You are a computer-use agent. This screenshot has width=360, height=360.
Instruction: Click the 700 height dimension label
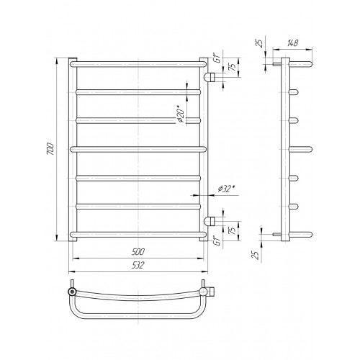click(50, 149)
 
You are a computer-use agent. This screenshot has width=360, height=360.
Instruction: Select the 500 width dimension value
click(138, 252)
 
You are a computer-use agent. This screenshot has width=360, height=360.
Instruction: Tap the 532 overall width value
click(138, 265)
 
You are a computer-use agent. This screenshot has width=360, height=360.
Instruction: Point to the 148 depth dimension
click(292, 43)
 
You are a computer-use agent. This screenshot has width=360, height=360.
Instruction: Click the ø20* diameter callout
click(181, 114)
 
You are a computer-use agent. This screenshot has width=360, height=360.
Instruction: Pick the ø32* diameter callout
click(226, 189)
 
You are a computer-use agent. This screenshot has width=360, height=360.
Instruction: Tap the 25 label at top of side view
click(260, 43)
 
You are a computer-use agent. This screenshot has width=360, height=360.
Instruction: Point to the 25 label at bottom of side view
click(256, 255)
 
